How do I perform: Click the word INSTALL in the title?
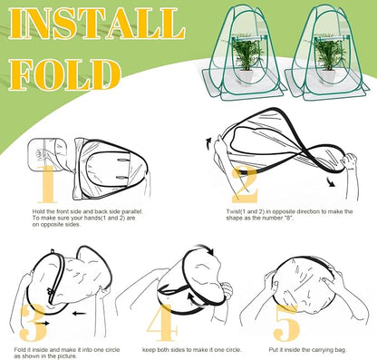pyautogui.click(x=96, y=24)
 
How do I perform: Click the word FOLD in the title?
pyautogui.click(x=64, y=75)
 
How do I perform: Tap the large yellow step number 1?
pyautogui.click(x=47, y=184)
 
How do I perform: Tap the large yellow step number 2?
pyautogui.click(x=245, y=185)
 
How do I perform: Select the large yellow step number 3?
pyautogui.click(x=34, y=322)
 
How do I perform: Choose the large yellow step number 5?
pyautogui.click(x=286, y=322)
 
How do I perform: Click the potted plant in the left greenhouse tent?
pyautogui.click(x=247, y=60)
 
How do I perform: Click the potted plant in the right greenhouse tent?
pyautogui.click(x=329, y=60)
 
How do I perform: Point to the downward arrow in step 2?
pyautogui.click(x=332, y=182)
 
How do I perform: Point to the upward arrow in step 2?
pyautogui.click(x=209, y=143)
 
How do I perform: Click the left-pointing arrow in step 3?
pyautogui.click(x=79, y=314)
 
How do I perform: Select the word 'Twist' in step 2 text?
pyautogui.click(x=233, y=211)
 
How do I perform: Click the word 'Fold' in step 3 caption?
pyautogui.click(x=19, y=350)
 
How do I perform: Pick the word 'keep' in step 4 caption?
pyautogui.click(x=150, y=350)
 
